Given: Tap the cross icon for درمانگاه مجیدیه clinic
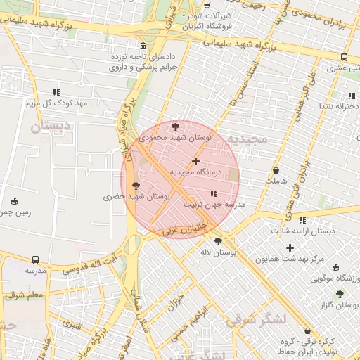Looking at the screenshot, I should coord(195,162).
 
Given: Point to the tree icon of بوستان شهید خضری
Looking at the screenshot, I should coord(136,186).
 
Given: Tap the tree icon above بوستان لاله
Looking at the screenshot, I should coord(219,240).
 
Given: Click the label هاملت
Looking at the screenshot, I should coord(277,181).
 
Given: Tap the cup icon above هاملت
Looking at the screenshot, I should coord(276,170).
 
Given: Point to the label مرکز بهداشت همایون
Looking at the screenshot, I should coord(289,259).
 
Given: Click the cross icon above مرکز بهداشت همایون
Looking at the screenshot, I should coord(290,247).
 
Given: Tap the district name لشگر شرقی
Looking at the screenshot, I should coord(257,319).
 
